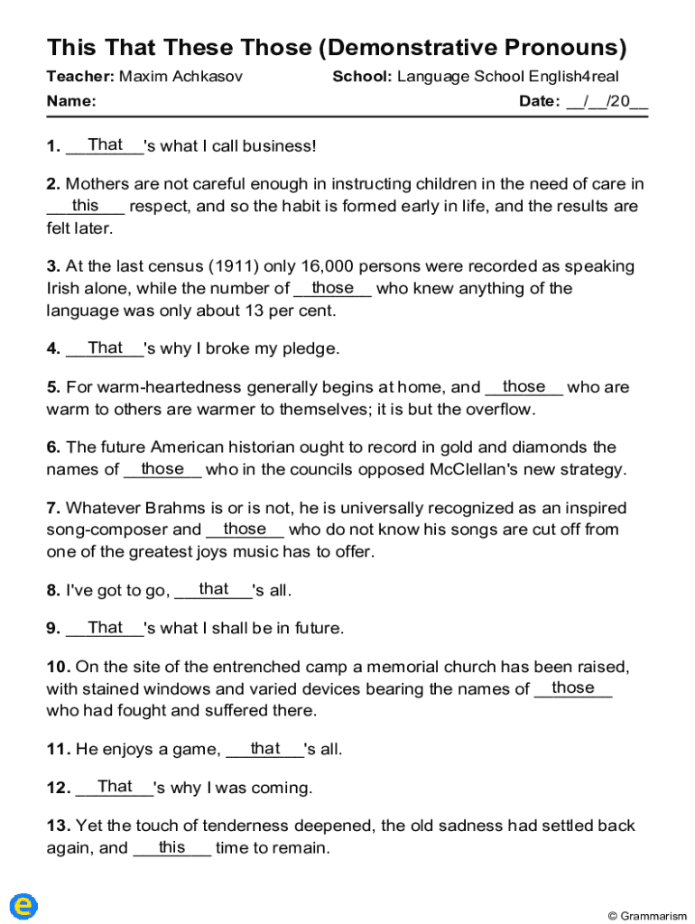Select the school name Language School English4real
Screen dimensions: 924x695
(508, 77)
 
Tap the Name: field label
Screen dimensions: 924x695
(71, 101)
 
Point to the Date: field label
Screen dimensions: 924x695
(540, 101)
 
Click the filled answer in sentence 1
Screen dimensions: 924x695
(106, 144)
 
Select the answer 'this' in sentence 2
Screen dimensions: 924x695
(86, 206)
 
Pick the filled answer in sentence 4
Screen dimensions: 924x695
(106, 347)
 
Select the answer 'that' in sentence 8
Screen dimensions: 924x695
(214, 589)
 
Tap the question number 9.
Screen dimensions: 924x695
(53, 628)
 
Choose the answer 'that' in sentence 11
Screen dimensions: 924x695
(265, 748)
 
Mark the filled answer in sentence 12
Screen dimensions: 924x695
(116, 787)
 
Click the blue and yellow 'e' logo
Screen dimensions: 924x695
(23, 906)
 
